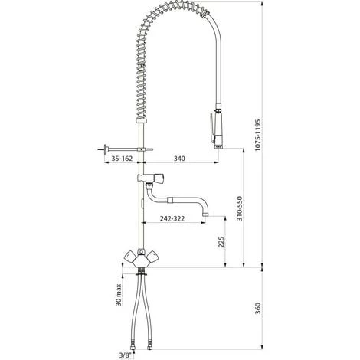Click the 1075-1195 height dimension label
click(x=258, y=135)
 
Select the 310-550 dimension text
click(x=239, y=208)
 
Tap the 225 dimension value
click(x=221, y=242)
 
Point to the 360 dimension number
click(x=258, y=308)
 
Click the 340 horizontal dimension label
click(x=179, y=159)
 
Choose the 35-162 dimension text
click(x=122, y=159)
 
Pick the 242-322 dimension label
click(x=172, y=218)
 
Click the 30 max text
click(x=118, y=295)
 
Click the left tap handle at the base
click(x=130, y=256)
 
